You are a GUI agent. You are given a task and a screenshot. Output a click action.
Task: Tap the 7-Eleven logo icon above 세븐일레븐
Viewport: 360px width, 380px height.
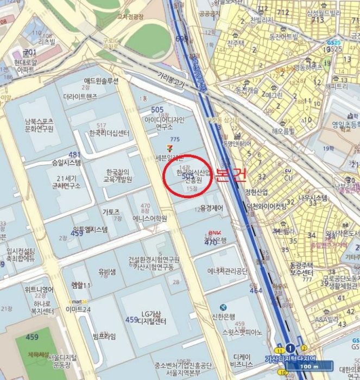pyautogui.click(x=171, y=148)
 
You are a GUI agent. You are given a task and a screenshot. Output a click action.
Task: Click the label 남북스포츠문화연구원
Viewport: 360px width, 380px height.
pyautogui.click(x=39, y=125)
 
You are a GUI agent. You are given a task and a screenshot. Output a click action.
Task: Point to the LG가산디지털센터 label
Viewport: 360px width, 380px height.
pyautogui.click(x=151, y=317)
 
